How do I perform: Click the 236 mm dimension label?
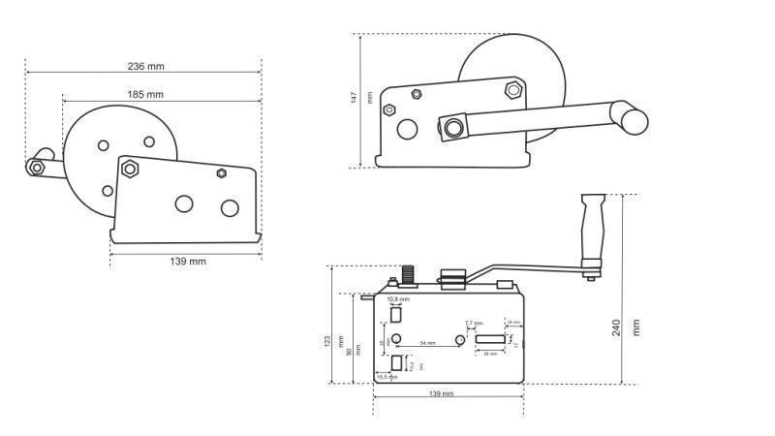[145, 66]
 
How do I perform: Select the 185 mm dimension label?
[144, 94]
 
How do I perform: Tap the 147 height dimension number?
[355, 97]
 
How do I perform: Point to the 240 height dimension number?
[617, 327]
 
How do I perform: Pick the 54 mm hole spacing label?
[427, 344]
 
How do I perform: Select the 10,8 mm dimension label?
[398, 299]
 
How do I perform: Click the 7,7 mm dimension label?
[474, 323]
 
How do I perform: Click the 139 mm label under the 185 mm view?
[188, 262]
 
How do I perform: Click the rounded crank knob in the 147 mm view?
[635, 120]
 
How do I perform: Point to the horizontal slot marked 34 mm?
[493, 340]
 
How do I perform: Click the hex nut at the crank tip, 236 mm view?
[37, 168]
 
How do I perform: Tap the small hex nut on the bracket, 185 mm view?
[222, 173]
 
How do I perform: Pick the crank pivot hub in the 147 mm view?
[452, 127]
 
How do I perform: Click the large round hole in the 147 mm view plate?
[408, 128]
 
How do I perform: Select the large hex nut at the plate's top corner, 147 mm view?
[513, 91]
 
